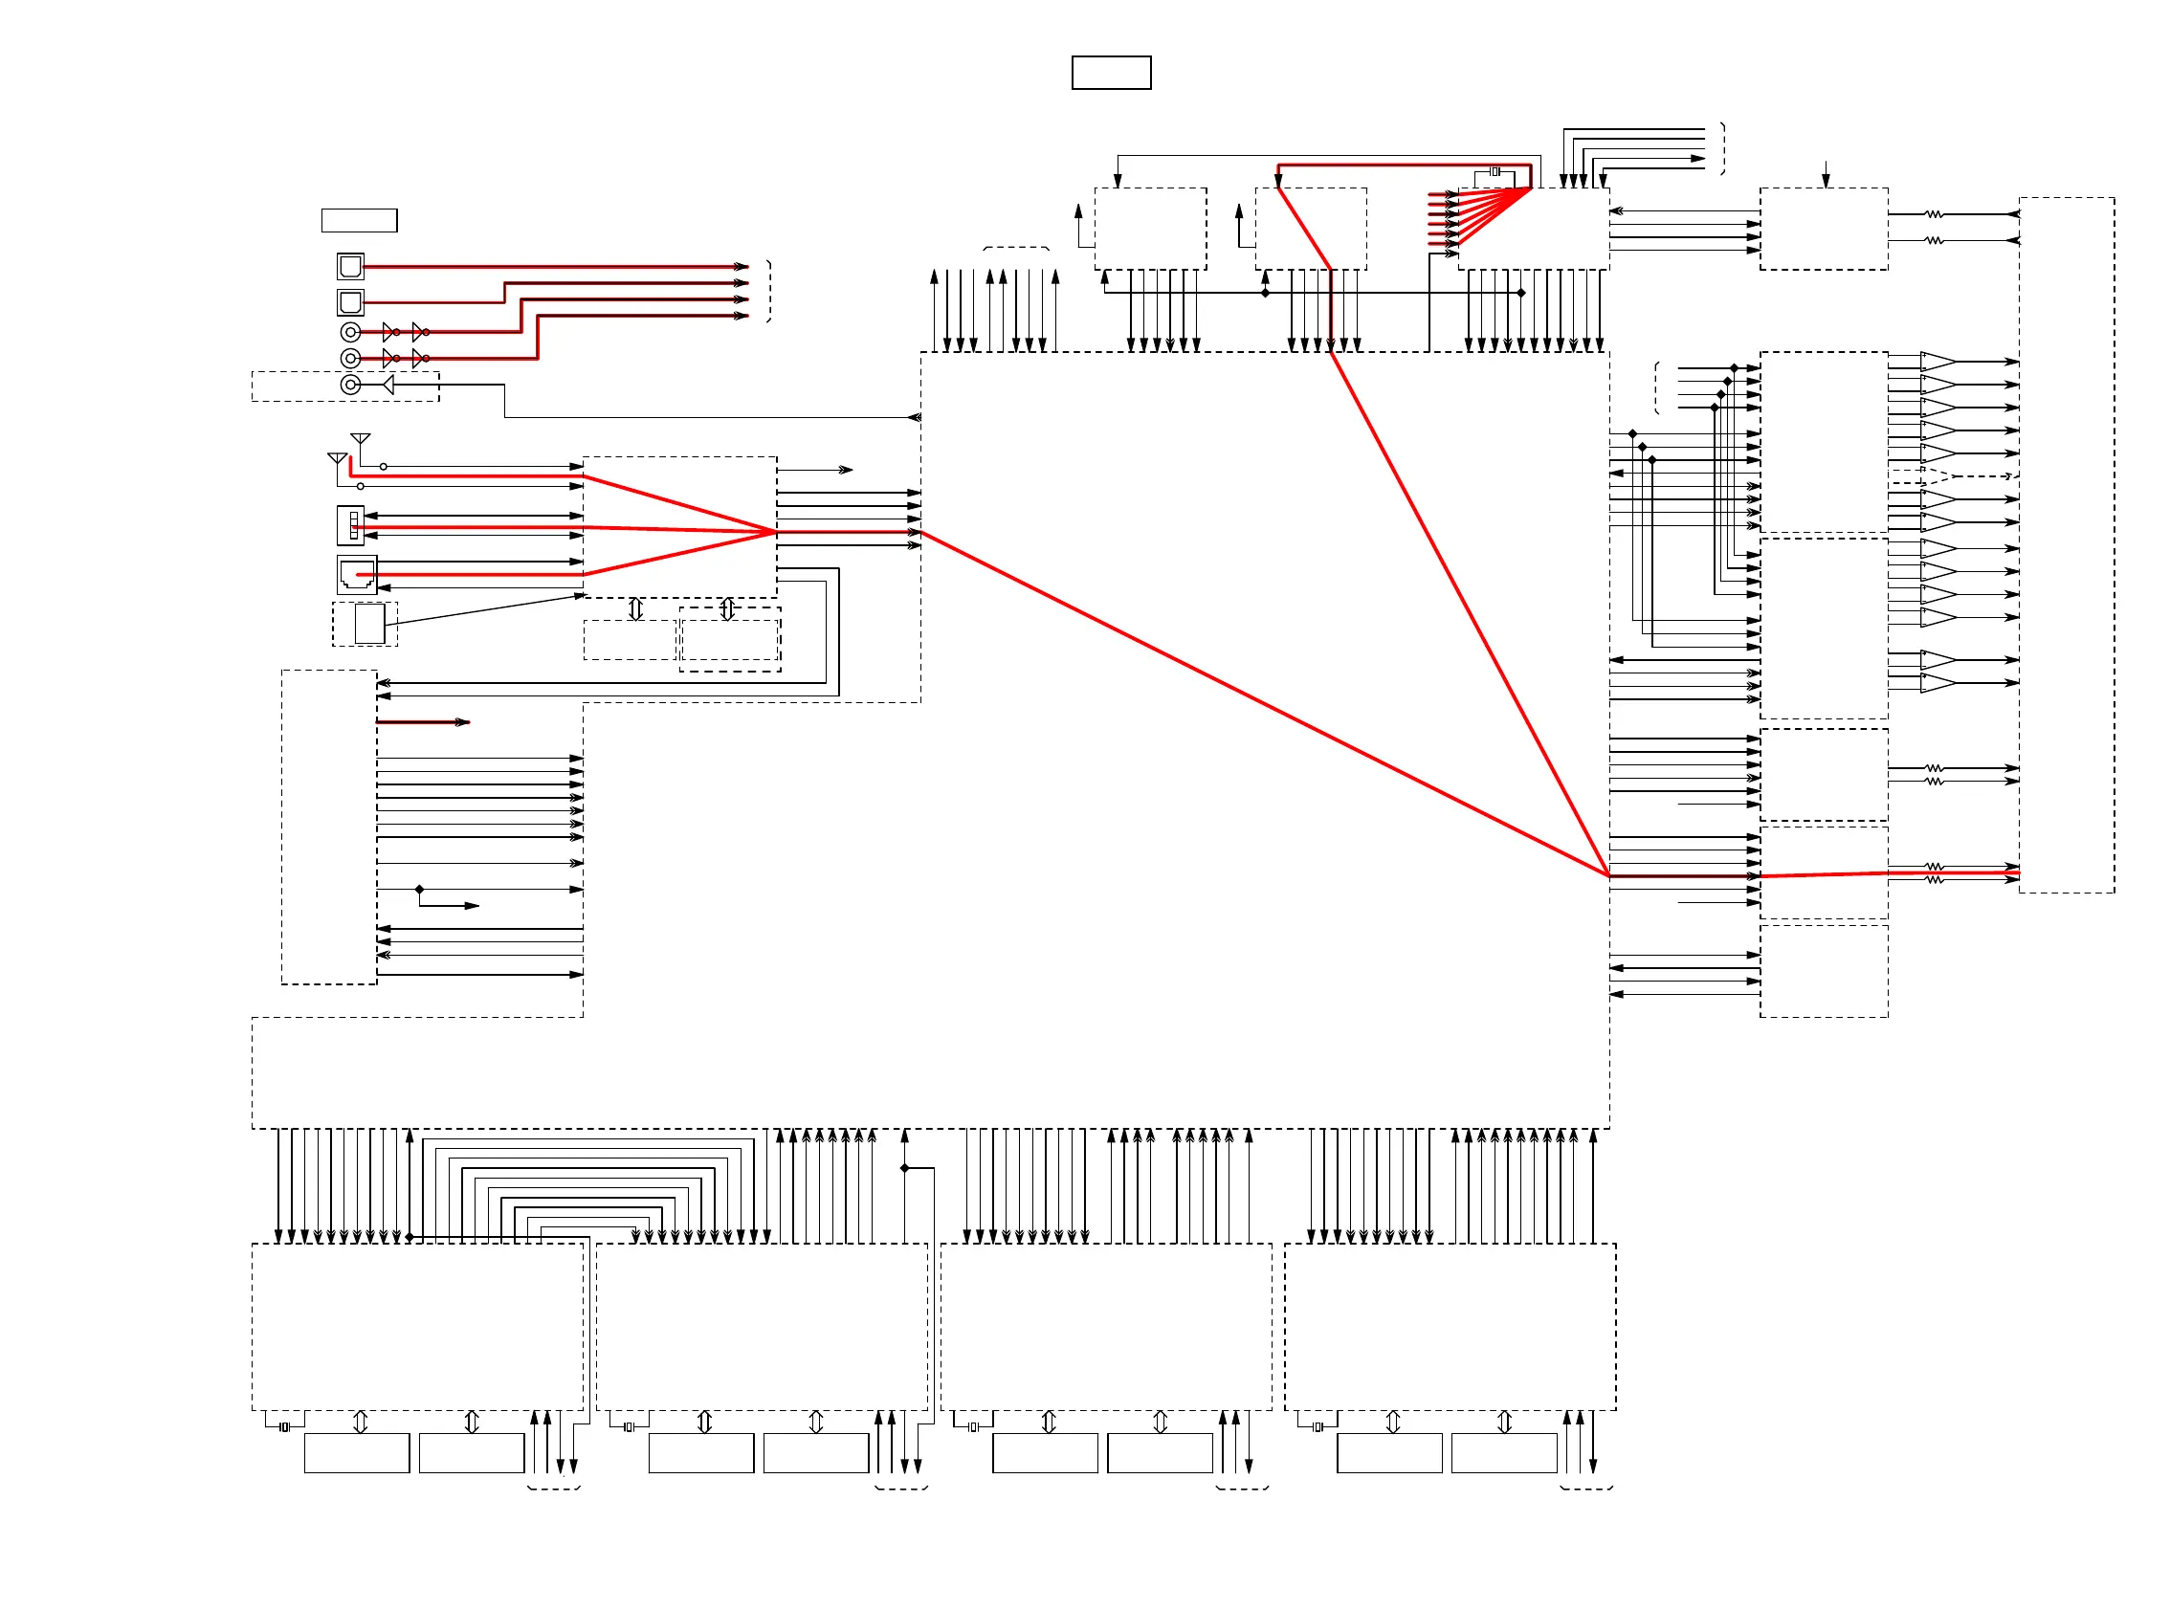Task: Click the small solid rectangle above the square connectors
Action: tap(359, 220)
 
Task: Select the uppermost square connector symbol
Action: tap(350, 265)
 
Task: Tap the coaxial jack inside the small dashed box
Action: tap(350, 385)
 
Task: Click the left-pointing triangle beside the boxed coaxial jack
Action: tap(388, 385)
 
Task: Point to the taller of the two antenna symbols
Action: tap(360, 440)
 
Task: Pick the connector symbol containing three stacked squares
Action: tap(351, 524)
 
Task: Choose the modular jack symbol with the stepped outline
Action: tap(357, 574)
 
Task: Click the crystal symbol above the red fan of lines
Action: tap(1495, 171)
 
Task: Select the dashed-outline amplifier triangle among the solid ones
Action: tap(1937, 475)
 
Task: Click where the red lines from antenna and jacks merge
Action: tap(776, 532)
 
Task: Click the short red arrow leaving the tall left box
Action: tap(423, 721)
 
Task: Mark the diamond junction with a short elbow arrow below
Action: tap(419, 890)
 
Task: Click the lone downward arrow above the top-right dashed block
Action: tap(1826, 174)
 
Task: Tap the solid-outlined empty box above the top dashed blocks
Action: tap(1111, 73)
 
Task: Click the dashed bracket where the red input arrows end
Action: tap(769, 291)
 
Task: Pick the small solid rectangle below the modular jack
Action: tap(369, 624)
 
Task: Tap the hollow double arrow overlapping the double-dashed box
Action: tap(727, 609)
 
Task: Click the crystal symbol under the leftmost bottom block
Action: tap(285, 1427)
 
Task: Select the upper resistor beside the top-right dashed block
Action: tap(1934, 213)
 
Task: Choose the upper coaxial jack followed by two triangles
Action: tap(350, 333)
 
